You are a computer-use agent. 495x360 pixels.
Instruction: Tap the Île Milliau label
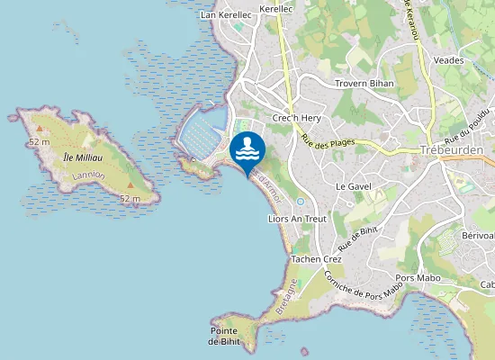(83, 157)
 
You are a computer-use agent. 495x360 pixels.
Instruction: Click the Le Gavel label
(353, 186)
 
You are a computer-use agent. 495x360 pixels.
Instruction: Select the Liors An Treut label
(297, 219)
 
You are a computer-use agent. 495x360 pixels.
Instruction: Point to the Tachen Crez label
(312, 258)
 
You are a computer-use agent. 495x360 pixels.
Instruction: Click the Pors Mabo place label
(418, 278)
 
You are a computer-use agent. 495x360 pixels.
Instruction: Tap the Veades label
(448, 60)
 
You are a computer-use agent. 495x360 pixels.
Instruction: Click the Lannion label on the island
(85, 175)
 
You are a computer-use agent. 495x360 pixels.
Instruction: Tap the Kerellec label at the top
(275, 8)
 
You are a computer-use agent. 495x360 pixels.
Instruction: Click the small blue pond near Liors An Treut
(300, 201)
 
